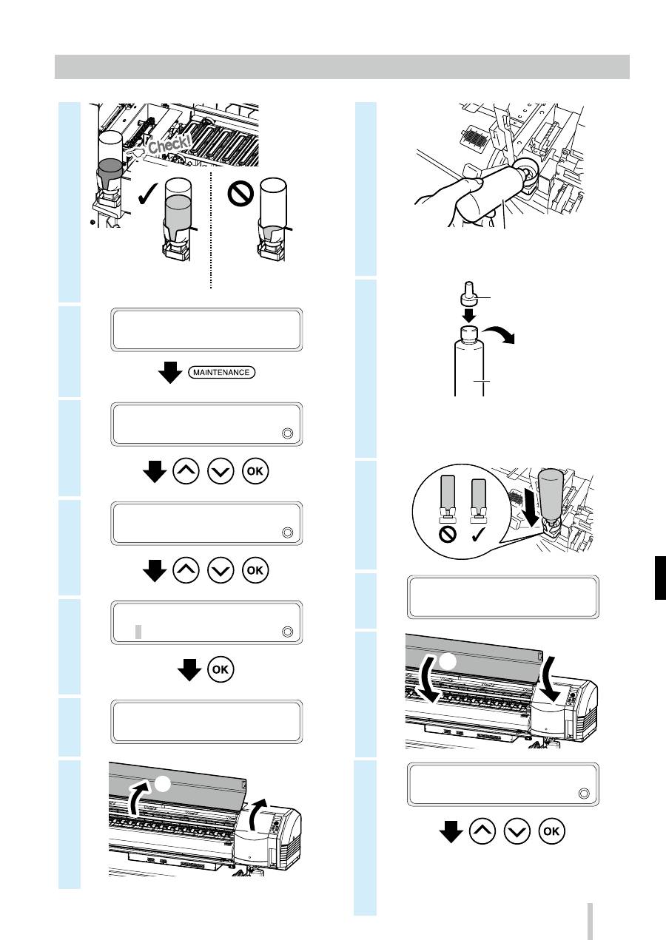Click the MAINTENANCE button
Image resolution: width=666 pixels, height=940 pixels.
point(222,372)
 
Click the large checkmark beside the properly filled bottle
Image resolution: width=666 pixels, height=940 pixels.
point(148,194)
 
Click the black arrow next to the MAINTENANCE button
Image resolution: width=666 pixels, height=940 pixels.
point(170,372)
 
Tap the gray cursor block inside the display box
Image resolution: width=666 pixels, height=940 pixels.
point(138,632)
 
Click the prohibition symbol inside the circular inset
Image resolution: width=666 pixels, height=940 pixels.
point(447,534)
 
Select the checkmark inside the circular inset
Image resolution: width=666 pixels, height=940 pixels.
point(479,534)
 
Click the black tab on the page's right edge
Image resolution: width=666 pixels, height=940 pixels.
point(660,578)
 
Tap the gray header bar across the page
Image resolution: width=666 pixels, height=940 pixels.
point(342,67)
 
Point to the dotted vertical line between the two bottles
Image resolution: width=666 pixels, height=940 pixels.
point(210,229)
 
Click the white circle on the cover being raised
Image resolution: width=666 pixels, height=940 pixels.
point(163,784)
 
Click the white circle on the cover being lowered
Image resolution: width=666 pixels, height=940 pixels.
point(448,661)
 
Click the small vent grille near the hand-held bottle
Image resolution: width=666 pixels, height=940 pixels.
point(474,137)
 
